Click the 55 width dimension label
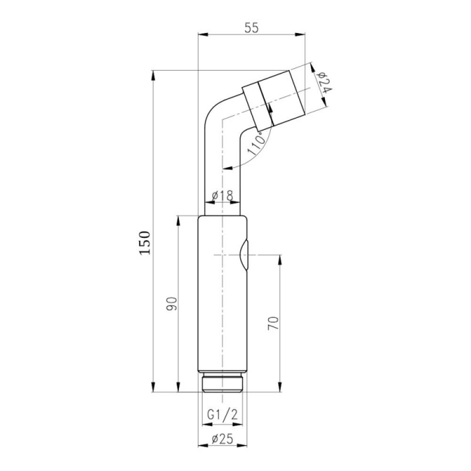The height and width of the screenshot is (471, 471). click(252, 28)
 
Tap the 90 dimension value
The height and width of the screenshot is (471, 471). click(172, 304)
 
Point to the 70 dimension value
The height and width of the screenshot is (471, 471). click(274, 323)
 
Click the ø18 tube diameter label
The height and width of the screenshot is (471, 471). click(222, 195)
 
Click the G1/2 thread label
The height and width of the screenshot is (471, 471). click(223, 415)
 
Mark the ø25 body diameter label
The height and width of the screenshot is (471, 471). click(222, 439)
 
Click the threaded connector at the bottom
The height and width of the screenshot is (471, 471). click(222, 382)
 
